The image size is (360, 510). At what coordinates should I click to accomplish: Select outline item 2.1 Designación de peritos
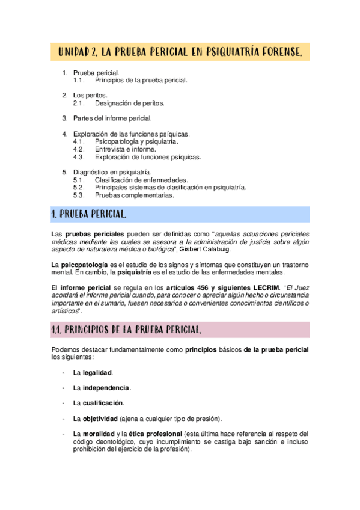129,103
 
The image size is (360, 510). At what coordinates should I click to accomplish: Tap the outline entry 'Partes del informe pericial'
112,118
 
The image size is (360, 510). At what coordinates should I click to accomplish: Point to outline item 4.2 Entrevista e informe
125,149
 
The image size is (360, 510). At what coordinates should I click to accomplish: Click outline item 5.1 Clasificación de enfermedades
141,180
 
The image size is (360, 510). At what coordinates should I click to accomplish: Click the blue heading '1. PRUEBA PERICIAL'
88,214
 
